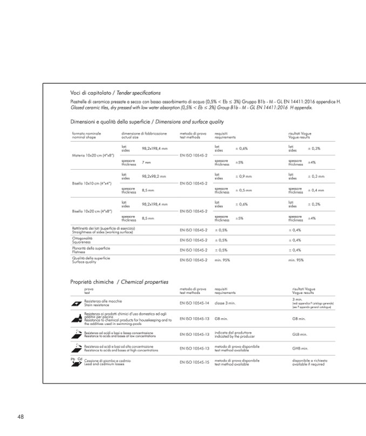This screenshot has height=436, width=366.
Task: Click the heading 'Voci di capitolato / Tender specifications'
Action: coord(115,93)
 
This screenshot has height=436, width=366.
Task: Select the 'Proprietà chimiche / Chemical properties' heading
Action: coord(119,281)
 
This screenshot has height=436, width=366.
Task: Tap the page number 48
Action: coord(21,417)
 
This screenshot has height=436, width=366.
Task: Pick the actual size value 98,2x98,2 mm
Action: coord(154,176)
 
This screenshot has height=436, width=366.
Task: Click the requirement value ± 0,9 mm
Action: coord(245,176)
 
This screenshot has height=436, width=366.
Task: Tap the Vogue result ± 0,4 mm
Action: coord(316,190)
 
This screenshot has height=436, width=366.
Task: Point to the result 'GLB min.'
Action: coord(300,334)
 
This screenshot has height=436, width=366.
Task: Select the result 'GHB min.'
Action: coord(300,348)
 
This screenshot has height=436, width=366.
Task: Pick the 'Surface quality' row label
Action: coord(84,261)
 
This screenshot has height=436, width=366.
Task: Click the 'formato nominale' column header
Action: coord(86,133)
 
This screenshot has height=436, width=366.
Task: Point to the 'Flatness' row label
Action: coord(80,251)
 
